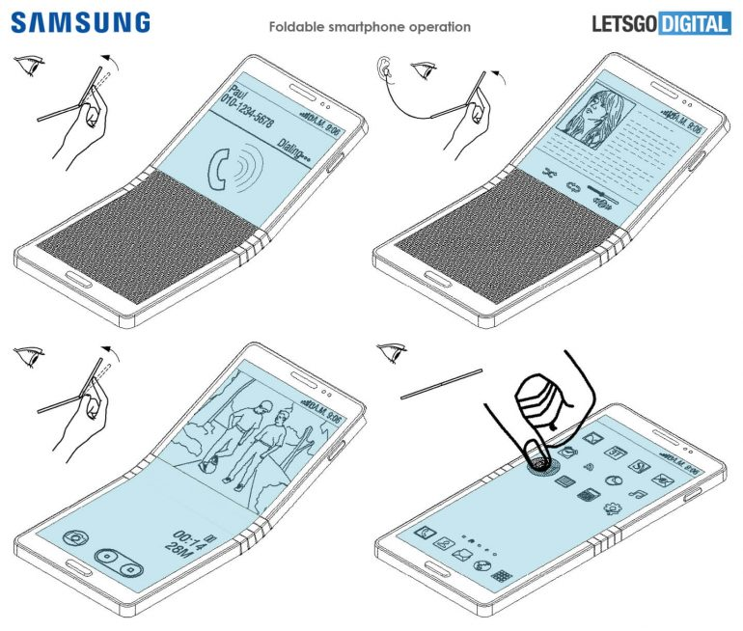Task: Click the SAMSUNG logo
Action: (81, 22)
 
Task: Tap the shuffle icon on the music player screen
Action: (551, 175)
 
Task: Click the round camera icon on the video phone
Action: (71, 539)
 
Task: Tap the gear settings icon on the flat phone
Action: (612, 508)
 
